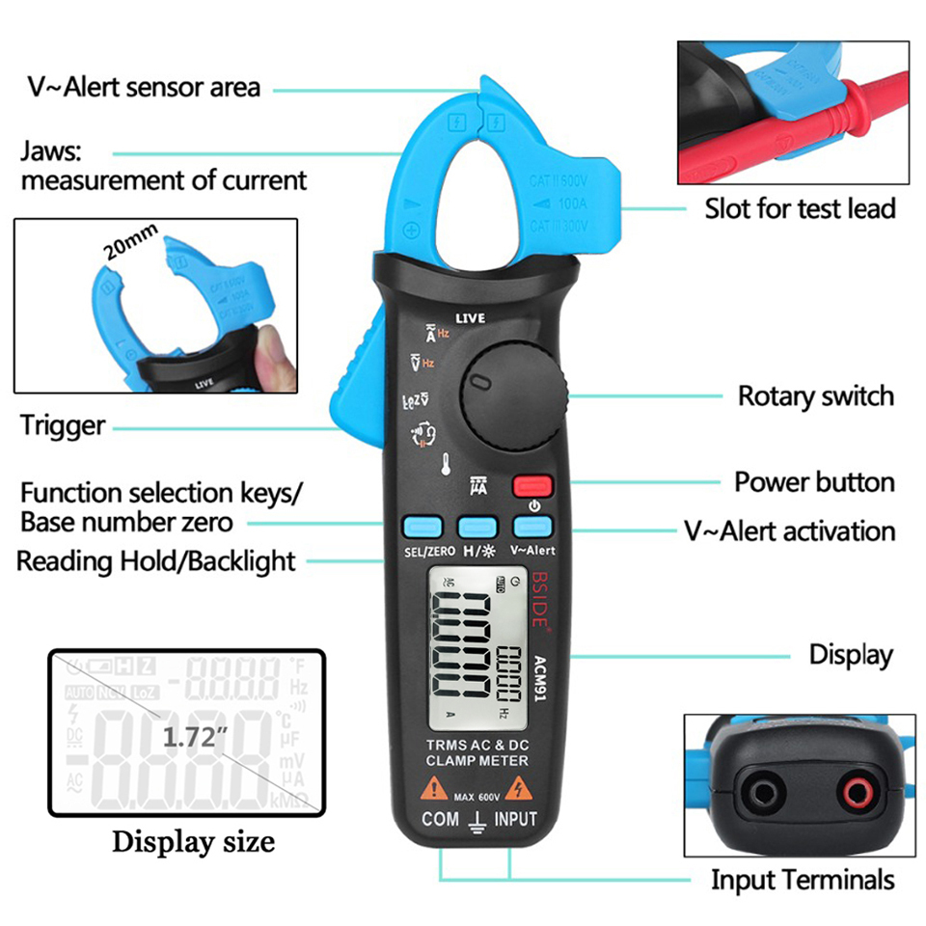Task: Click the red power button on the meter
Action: coord(531,484)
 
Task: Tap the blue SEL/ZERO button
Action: coord(422,526)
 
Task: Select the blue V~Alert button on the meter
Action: coord(531,526)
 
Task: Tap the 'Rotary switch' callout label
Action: coord(815,395)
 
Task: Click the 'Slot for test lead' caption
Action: coord(800,207)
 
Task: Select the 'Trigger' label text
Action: coord(63,425)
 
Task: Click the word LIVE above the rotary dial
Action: coord(471,317)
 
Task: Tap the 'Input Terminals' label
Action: coord(803,880)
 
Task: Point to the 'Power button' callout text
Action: coord(814,481)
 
